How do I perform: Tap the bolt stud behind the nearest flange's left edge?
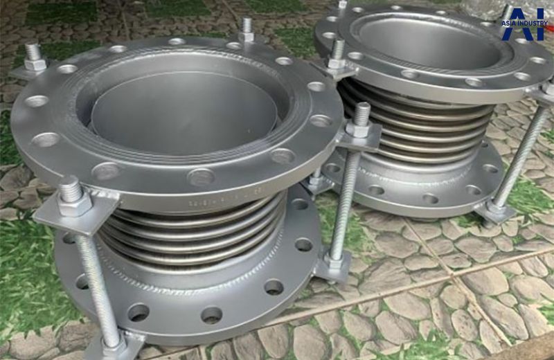34,59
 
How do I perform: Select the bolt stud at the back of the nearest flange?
247,30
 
